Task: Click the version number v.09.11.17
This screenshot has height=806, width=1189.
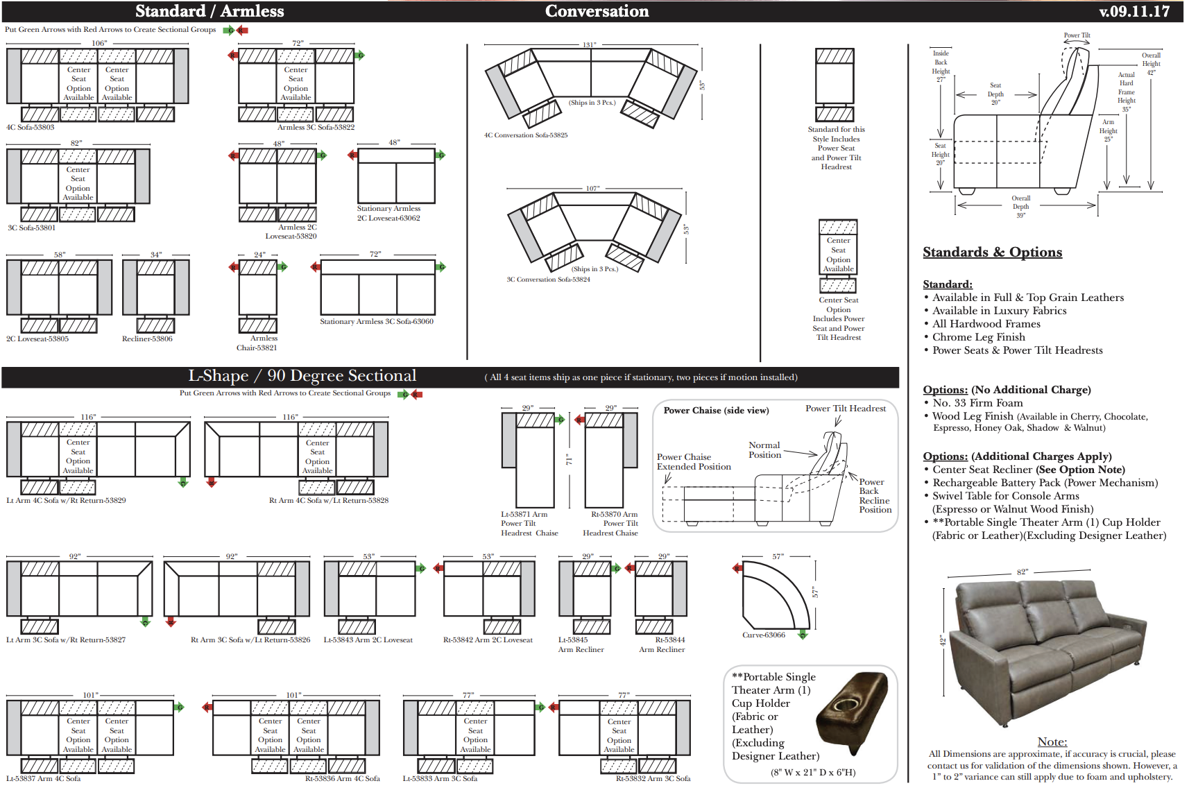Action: (1134, 11)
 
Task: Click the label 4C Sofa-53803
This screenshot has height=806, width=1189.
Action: (31, 128)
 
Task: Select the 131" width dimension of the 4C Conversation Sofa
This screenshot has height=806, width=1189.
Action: (589, 45)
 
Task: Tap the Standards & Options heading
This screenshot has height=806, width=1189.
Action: (992, 252)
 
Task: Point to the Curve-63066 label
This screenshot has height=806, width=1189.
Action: (764, 635)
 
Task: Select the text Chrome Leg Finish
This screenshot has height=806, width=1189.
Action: (978, 337)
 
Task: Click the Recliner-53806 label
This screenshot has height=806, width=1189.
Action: (147, 339)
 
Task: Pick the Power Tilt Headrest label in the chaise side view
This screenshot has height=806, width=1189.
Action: (845, 409)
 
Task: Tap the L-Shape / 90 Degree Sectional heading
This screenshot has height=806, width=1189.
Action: (302, 376)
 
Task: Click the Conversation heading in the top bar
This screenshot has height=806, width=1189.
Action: (597, 11)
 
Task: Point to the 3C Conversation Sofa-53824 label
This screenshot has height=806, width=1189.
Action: (548, 280)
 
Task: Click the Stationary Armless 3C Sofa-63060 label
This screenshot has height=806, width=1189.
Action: (376, 322)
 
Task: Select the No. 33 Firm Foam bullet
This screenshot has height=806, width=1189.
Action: (977, 403)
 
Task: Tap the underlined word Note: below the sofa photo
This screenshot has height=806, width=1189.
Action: (1052, 742)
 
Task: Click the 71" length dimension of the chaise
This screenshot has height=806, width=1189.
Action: (569, 460)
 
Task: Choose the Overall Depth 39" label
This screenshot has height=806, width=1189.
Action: (1020, 207)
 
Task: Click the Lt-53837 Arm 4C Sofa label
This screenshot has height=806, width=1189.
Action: (44, 779)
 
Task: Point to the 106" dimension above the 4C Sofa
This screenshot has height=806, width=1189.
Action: (99, 43)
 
